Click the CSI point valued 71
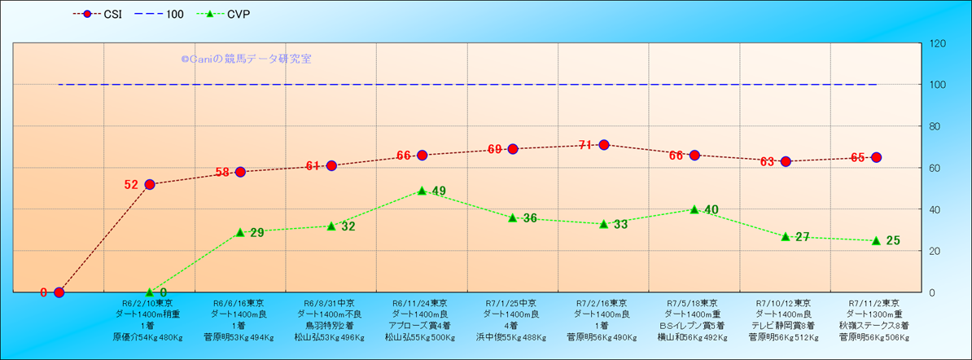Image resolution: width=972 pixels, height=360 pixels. tap(604, 145)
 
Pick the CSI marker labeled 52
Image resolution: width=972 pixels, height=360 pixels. tap(150, 184)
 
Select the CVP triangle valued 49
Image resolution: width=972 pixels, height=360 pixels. tap(422, 191)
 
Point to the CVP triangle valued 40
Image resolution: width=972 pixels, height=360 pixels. tap(694, 209)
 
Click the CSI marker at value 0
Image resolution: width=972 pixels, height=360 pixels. tap(59, 292)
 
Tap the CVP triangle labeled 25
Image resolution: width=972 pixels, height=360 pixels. tap(876, 240)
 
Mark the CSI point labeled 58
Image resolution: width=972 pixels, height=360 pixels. tap(240, 172)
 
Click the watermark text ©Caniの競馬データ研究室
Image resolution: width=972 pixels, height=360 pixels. tap(246, 59)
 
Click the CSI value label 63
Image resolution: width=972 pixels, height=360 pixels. tap(767, 162)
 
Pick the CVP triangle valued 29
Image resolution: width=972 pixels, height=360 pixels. tap(240, 232)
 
